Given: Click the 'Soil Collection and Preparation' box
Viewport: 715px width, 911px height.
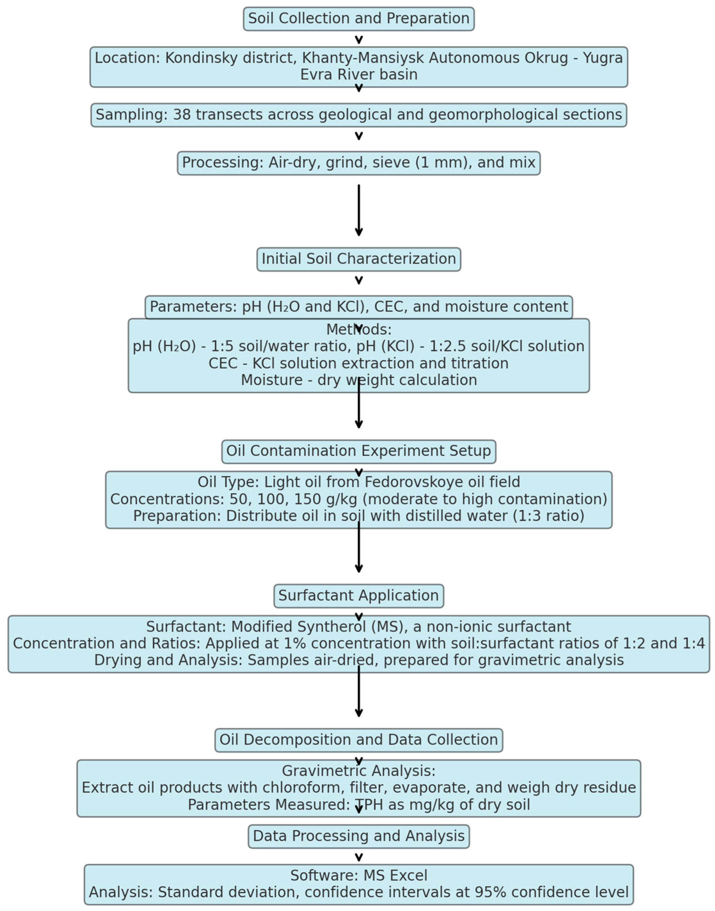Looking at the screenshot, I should click(358, 18).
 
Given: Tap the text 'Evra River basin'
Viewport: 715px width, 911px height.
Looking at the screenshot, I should click(358, 74).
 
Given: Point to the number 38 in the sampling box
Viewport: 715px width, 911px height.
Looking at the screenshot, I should click(182, 115).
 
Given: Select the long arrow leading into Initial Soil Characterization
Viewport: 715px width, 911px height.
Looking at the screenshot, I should click(358, 209).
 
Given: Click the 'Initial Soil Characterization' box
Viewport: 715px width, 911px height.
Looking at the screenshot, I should click(358, 259).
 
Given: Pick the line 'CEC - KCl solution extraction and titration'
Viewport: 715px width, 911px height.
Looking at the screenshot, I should click(358, 363).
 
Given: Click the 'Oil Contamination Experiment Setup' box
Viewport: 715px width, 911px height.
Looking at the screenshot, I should click(358, 451).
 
